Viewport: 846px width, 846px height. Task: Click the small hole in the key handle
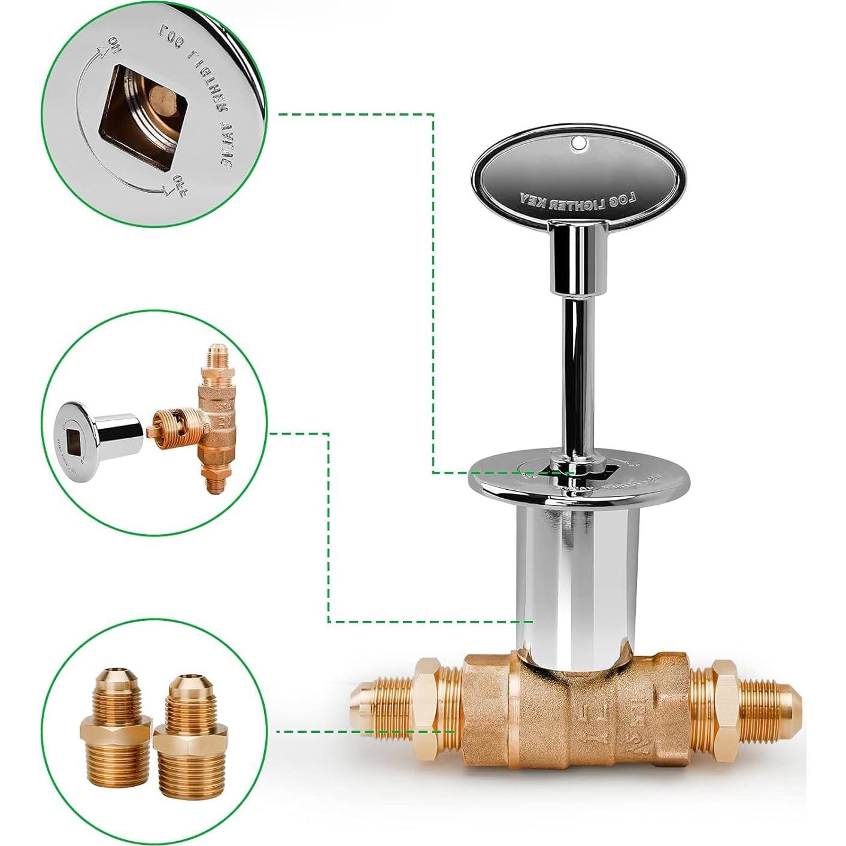(x=578, y=142)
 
